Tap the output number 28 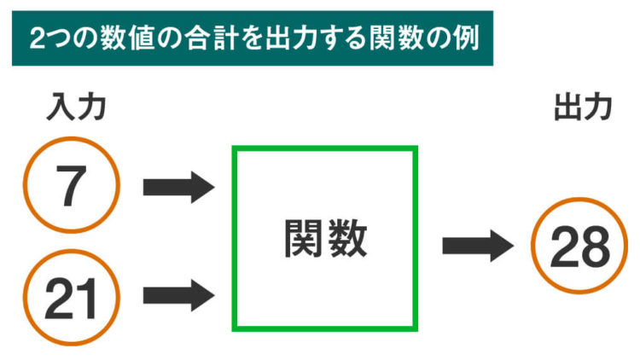pyautogui.click(x=580, y=247)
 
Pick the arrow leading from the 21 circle pyautogui.click(x=178, y=296)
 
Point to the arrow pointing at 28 pyautogui.click(x=478, y=247)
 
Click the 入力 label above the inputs pyautogui.click(x=75, y=109)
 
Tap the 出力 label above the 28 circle pyautogui.click(x=583, y=108)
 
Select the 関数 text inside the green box pyautogui.click(x=325, y=240)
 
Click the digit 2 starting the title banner pyautogui.click(x=37, y=38)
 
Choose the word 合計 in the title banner pyautogui.click(x=207, y=38)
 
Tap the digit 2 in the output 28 pyautogui.click(x=564, y=247)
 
